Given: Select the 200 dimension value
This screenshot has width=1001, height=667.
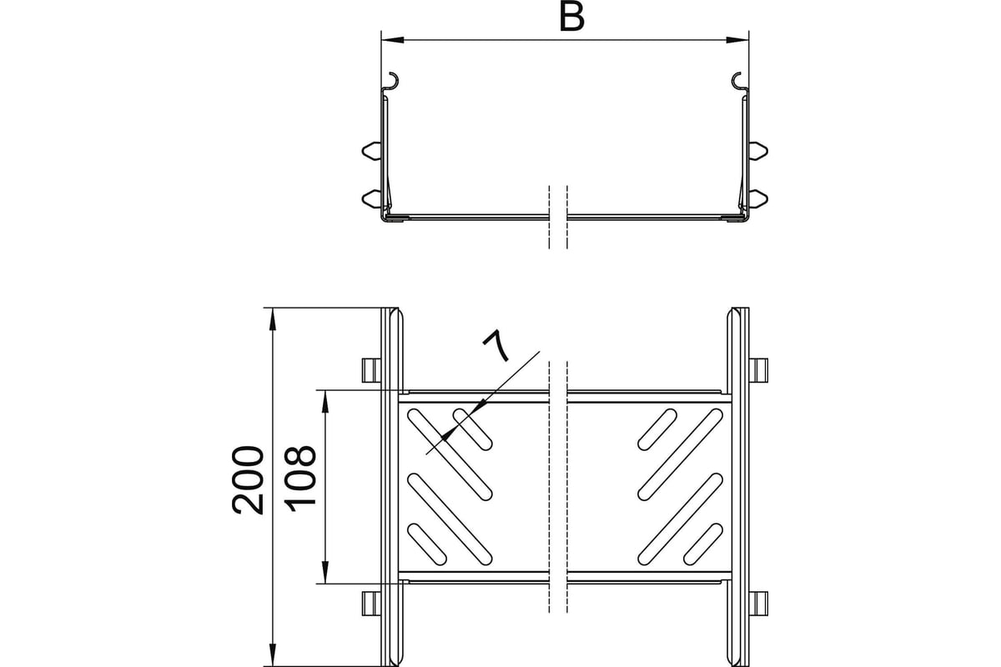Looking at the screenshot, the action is tap(248, 479).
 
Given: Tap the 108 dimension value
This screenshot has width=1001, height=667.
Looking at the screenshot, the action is tap(300, 478).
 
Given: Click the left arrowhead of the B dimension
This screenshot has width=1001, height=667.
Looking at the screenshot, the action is tap(393, 40).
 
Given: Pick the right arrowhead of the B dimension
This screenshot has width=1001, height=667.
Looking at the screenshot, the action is tap(737, 40).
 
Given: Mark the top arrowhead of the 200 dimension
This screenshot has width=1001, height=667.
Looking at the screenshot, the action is tap(272, 319).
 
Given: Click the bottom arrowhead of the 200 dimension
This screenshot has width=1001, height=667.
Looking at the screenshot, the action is tap(272, 655).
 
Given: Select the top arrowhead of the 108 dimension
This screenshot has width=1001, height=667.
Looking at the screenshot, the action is tap(325, 401).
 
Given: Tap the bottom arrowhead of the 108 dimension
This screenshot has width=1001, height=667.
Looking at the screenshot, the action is tap(325, 572).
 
